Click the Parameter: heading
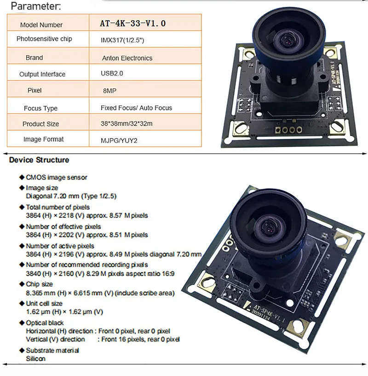pyautogui.click(x=35, y=6)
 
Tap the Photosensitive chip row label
pyautogui.click(x=44, y=39)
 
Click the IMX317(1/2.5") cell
pyautogui.click(x=123, y=40)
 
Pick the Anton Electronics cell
pyautogui.click(x=127, y=58)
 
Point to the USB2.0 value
pyautogui.click(x=112, y=73)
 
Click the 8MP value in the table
pyautogui.click(x=110, y=91)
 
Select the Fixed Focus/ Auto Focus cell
pyautogui.click(x=136, y=108)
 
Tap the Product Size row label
pyautogui.click(x=41, y=124)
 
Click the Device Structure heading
pyautogui.click(x=39, y=160)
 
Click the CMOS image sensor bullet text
pyautogui.click(x=56, y=177)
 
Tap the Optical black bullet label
pyautogui.click(x=45, y=323)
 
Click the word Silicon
pyautogui.click(x=35, y=358)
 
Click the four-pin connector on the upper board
pyautogui.click(x=287, y=130)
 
